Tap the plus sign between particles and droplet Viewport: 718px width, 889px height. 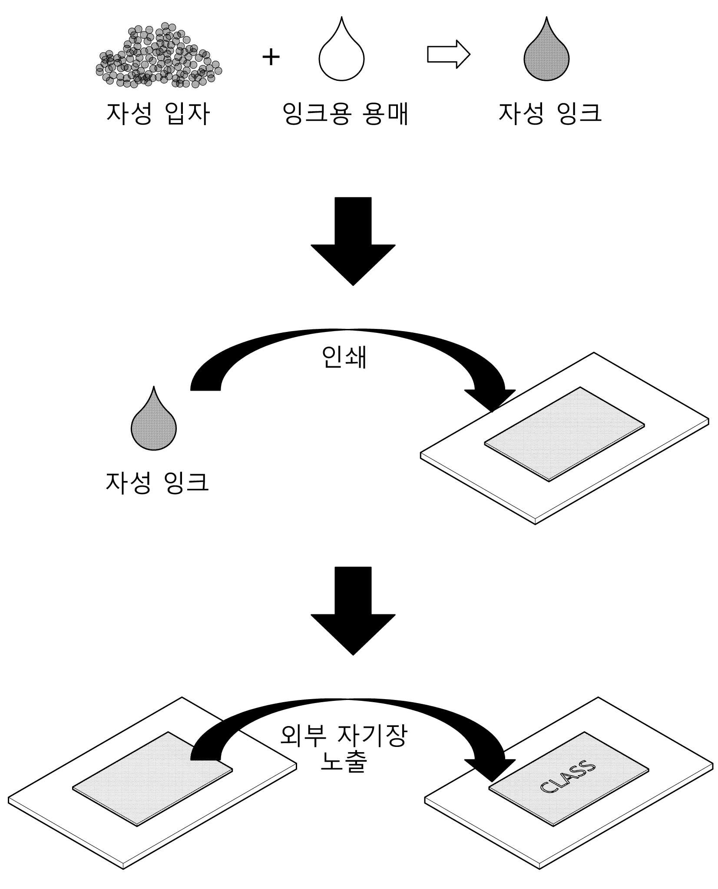(x=271, y=57)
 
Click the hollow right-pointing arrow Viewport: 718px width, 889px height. (x=449, y=54)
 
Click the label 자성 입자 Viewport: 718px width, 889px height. (x=158, y=114)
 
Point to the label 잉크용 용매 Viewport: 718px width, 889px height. (x=345, y=114)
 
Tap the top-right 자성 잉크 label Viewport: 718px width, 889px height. (x=550, y=113)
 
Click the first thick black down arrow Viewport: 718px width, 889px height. (x=353, y=241)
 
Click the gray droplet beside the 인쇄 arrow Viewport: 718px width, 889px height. (x=154, y=418)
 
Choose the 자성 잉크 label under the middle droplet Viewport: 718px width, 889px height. (x=157, y=482)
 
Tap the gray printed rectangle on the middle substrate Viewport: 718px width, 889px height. (x=564, y=434)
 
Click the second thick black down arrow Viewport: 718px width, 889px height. (x=353, y=610)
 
